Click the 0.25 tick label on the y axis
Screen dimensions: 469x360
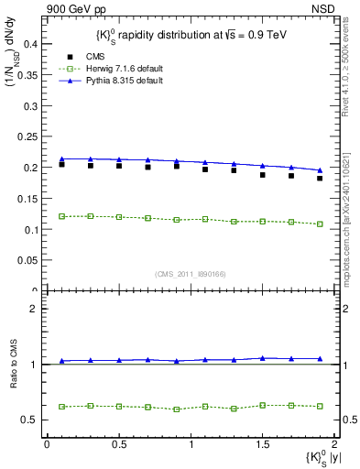pos(29,136)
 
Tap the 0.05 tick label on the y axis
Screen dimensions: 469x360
pos(29,261)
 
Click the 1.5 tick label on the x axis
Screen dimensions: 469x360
pos(263,445)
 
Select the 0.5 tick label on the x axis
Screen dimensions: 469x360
pos(118,445)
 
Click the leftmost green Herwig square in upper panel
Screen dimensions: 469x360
pos(61,216)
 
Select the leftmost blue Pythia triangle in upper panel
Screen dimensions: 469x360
pos(61,158)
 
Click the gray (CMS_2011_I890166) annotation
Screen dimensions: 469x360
pos(190,273)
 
